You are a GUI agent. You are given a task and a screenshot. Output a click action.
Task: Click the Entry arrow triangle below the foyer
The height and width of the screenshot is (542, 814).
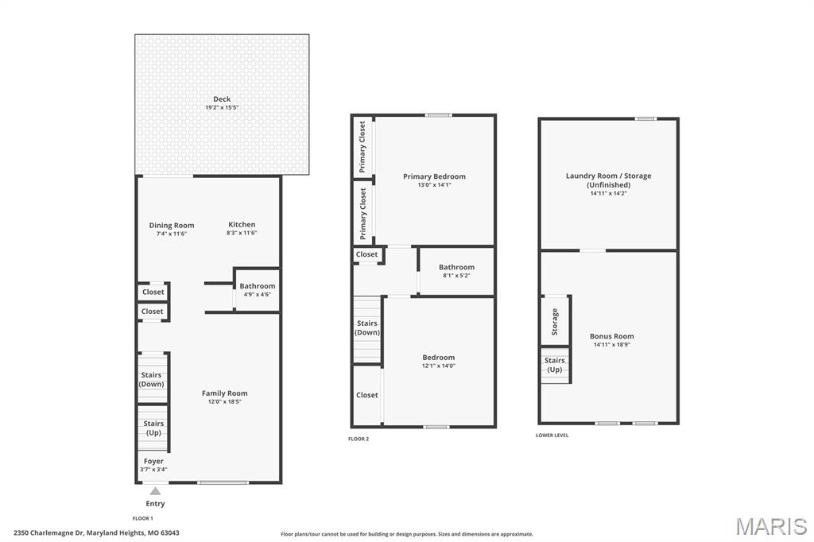[x=155, y=491]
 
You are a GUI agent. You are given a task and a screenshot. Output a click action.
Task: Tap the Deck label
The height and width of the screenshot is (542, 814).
[x=222, y=99]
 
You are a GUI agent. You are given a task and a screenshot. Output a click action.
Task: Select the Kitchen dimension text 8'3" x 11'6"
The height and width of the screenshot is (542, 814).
[x=242, y=233]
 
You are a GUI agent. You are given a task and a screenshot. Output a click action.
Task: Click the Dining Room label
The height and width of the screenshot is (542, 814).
[x=172, y=226]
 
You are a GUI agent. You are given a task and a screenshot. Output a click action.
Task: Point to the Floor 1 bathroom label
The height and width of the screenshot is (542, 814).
[x=258, y=286]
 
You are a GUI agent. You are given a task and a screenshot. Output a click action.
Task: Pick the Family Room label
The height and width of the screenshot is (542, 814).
[x=225, y=393]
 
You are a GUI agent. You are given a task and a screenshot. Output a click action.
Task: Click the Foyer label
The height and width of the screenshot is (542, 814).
[x=153, y=461]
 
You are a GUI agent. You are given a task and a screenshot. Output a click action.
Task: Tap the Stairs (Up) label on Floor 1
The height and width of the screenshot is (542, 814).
[x=153, y=428]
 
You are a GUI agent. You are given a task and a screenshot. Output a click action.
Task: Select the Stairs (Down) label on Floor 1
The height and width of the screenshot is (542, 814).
[x=152, y=380]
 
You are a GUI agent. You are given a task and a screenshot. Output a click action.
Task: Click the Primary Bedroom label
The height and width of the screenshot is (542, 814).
[x=435, y=176]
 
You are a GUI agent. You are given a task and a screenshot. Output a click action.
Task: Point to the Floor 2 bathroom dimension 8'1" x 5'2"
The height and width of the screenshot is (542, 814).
[x=457, y=276]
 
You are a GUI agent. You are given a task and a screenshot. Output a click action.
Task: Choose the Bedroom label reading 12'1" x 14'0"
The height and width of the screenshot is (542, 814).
[x=439, y=357]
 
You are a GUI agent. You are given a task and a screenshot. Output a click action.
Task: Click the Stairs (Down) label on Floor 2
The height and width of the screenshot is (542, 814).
[x=367, y=327]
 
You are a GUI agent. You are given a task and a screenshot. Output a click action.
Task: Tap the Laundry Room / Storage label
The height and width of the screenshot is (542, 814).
[x=608, y=176]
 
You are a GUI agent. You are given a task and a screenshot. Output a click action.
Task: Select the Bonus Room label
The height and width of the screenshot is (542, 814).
[x=611, y=336]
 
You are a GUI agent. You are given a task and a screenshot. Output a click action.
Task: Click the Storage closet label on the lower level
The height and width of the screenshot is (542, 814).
[x=554, y=322]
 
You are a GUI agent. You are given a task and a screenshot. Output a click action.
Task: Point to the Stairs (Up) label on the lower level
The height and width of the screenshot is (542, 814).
[x=554, y=365]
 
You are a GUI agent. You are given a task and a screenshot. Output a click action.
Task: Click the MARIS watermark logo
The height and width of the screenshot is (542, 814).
[x=771, y=526]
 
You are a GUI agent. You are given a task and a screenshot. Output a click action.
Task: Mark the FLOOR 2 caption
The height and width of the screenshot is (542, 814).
[x=359, y=439]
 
